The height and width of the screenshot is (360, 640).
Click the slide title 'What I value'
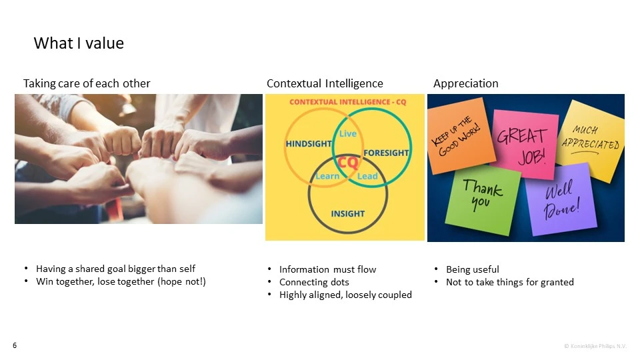[79, 43]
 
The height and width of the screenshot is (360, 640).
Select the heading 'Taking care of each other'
[87, 83]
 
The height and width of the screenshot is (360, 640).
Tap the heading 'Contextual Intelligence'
[325, 83]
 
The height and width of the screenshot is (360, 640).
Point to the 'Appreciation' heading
[465, 83]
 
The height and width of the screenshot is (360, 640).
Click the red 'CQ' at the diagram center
[347, 163]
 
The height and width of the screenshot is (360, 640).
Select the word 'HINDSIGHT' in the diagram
[309, 144]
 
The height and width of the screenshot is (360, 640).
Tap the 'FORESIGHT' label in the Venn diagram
[386, 153]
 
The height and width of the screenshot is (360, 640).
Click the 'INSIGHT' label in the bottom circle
[347, 213]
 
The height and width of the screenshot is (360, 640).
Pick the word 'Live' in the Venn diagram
[348, 134]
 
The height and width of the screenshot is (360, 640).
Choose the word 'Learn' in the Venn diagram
[327, 176]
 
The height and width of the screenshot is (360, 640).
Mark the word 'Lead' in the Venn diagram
[367, 176]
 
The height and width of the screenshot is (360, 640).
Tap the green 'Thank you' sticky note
[483, 199]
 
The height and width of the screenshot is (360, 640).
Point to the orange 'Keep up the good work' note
[460, 135]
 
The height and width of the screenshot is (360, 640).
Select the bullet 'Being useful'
[472, 269]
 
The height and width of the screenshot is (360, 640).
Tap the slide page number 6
[15, 345]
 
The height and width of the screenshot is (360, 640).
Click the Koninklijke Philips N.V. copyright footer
[595, 346]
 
